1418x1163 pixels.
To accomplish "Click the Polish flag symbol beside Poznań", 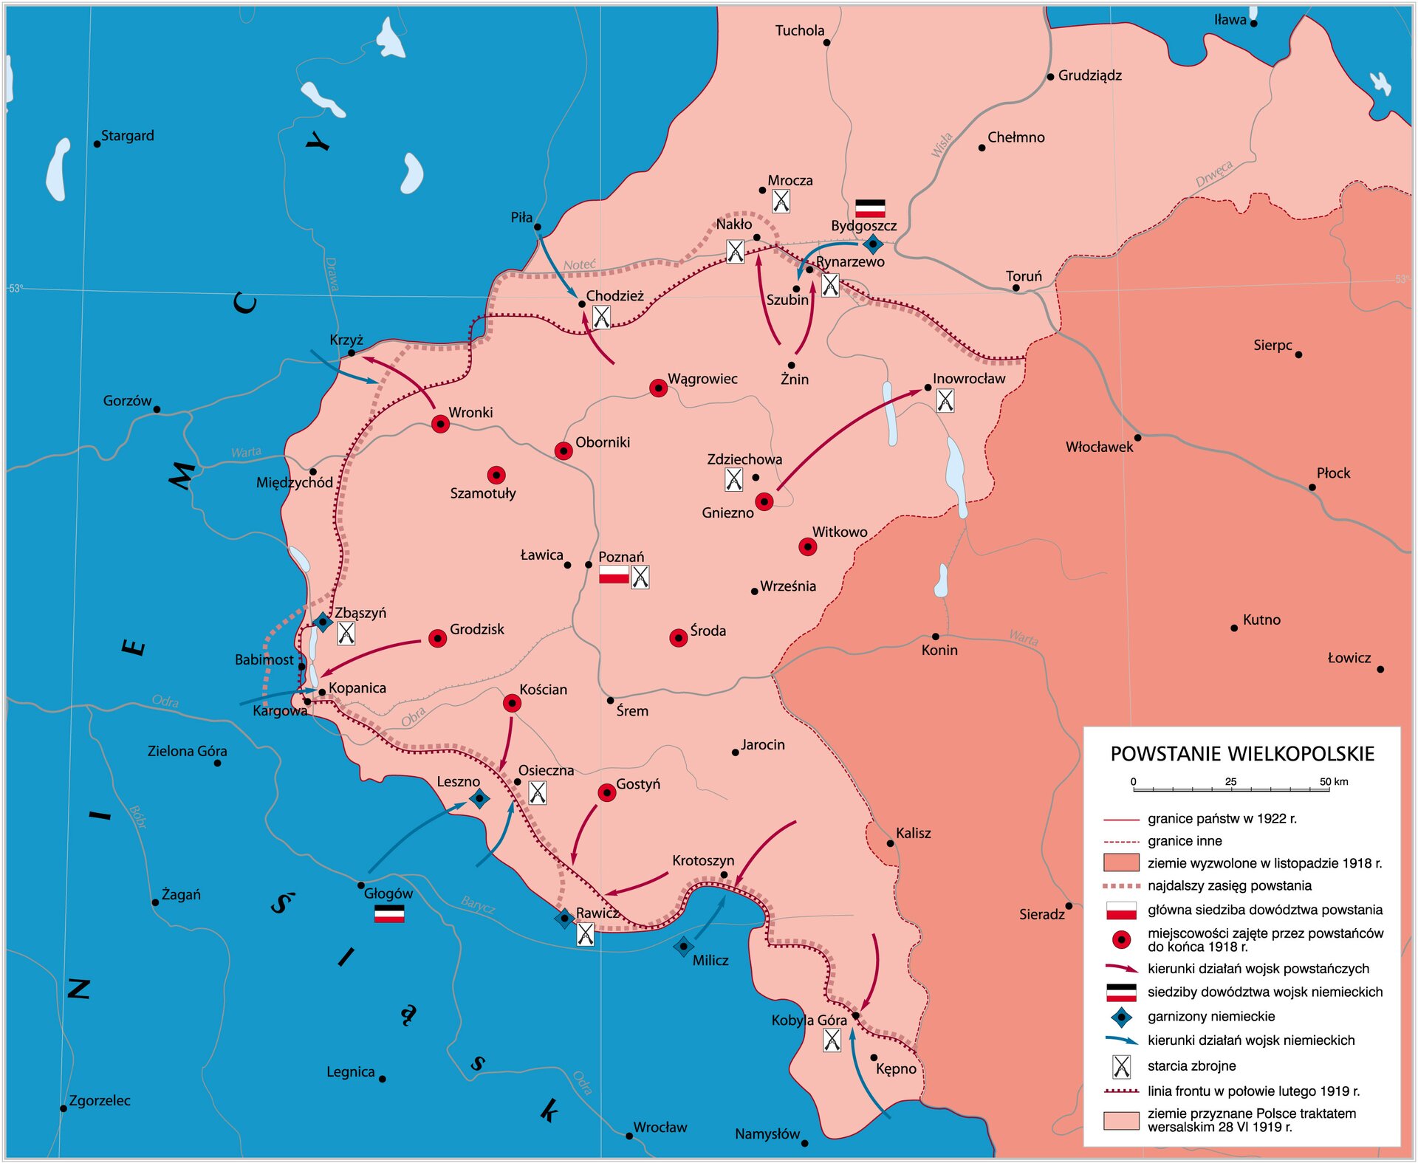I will click(x=613, y=575).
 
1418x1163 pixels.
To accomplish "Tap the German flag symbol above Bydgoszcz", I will click(x=869, y=207).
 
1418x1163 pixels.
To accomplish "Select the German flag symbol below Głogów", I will click(x=389, y=914).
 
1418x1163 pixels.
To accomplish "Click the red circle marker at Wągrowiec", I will click(x=658, y=388).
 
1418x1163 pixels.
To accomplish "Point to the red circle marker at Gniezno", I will click(x=764, y=502).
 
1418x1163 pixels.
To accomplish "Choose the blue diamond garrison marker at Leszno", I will click(x=479, y=798).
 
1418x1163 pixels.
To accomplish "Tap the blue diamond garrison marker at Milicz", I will click(x=683, y=946).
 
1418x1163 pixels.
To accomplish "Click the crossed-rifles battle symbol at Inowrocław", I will click(x=945, y=401).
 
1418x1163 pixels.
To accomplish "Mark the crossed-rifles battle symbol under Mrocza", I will click(x=781, y=201).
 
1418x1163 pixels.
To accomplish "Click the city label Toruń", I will click(x=1024, y=276).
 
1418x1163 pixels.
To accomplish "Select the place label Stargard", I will click(x=127, y=136).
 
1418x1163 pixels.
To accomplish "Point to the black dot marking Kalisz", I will click(x=890, y=843).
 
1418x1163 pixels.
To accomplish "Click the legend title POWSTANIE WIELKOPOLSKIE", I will click(x=1242, y=754).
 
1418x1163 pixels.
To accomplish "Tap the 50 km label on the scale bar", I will click(x=1334, y=781).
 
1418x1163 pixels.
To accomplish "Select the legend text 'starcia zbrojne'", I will click(x=1191, y=1066).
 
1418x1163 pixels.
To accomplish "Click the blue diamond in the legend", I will click(x=1121, y=1017).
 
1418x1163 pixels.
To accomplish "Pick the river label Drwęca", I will click(x=1213, y=174).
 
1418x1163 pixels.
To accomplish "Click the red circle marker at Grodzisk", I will click(x=437, y=639).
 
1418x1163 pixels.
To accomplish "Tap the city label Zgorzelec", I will click(x=100, y=1100).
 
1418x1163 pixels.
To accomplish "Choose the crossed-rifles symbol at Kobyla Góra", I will click(x=832, y=1040).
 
